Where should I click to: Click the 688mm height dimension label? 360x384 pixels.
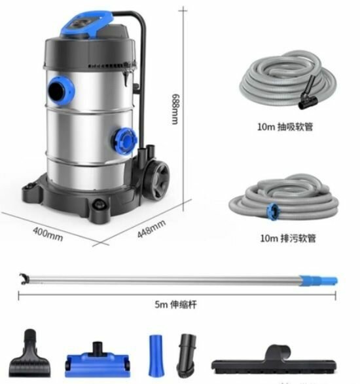coord(175,109)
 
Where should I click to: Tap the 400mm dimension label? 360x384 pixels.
coord(48,234)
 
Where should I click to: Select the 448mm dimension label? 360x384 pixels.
coord(151,229)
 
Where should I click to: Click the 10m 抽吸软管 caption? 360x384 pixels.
coord(285,126)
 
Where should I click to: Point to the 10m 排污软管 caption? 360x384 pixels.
coord(288,238)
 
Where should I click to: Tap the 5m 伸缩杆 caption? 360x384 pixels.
coord(175,305)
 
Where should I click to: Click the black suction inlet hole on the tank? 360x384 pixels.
coord(56,91)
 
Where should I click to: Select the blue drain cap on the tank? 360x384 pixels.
coord(125,141)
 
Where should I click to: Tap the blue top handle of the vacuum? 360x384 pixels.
coord(86,24)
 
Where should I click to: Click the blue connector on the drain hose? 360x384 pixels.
coord(272,212)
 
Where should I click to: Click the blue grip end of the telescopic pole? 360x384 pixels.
coord(318,280)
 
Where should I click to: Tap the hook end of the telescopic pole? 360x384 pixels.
coord(24,279)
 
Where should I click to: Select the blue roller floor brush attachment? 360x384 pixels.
coord(98,359)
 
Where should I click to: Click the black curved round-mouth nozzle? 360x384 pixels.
coord(187,355)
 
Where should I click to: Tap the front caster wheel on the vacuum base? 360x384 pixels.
coord(99,204)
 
